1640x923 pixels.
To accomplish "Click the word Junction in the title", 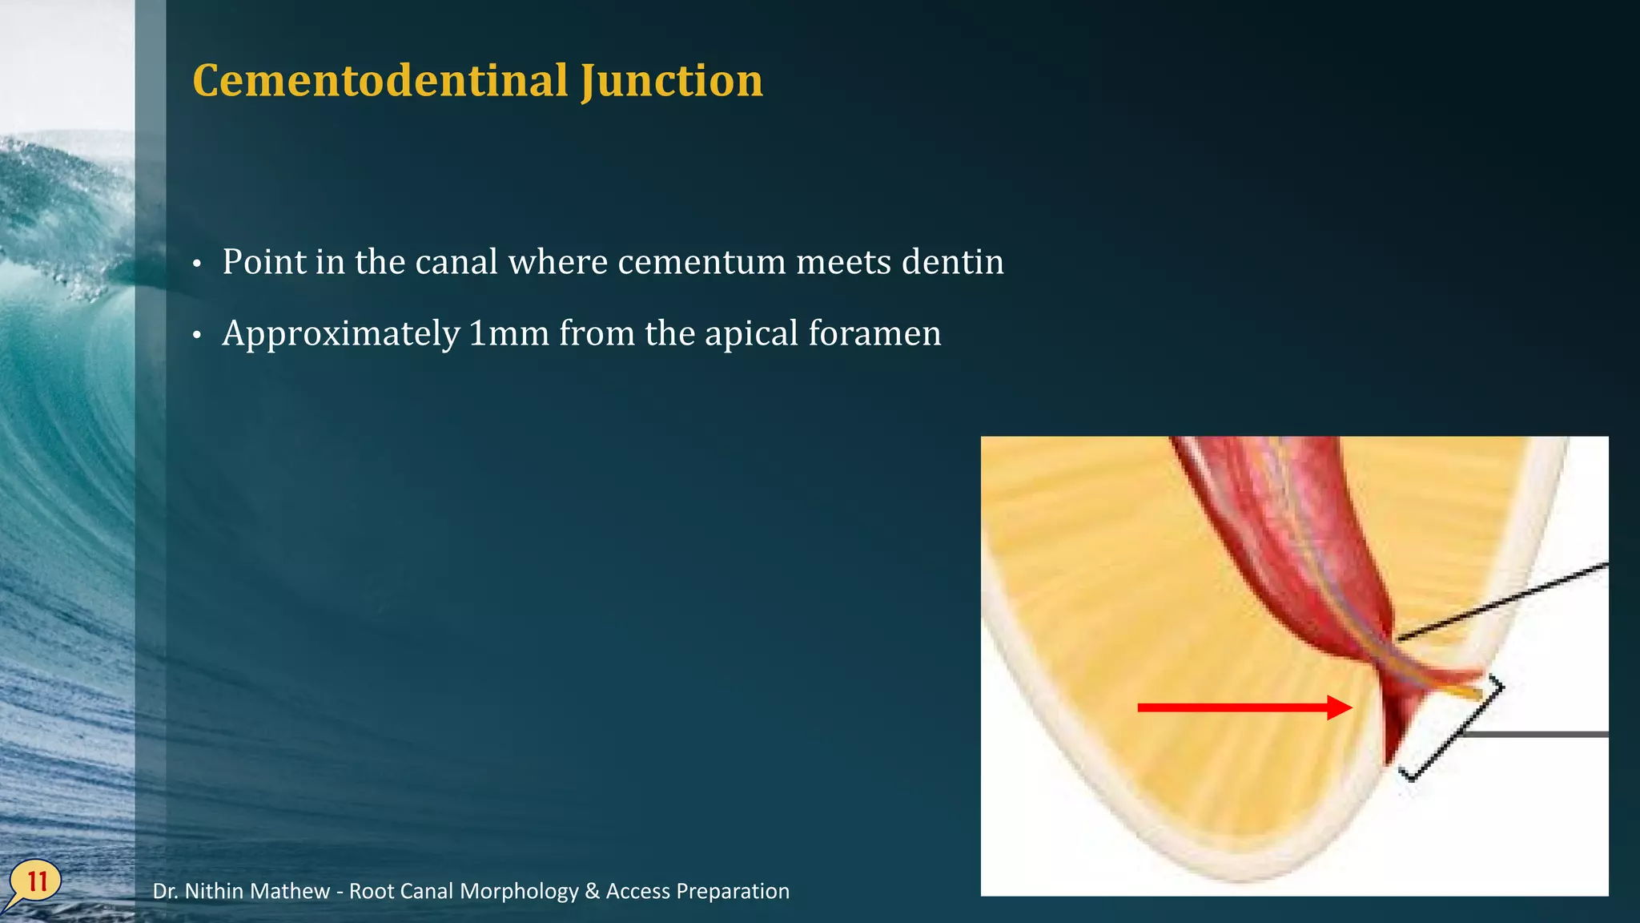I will point(672,81).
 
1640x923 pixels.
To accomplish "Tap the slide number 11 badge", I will point(36,882).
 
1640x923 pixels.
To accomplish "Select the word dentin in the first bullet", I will point(952,262).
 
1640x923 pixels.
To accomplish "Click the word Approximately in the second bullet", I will point(341,333).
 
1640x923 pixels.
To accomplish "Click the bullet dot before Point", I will point(198,264).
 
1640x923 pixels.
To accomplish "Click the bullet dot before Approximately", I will point(198,336).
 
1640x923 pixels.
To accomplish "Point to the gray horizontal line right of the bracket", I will point(1537,734).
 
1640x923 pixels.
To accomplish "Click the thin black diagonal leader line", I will point(1505,601).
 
